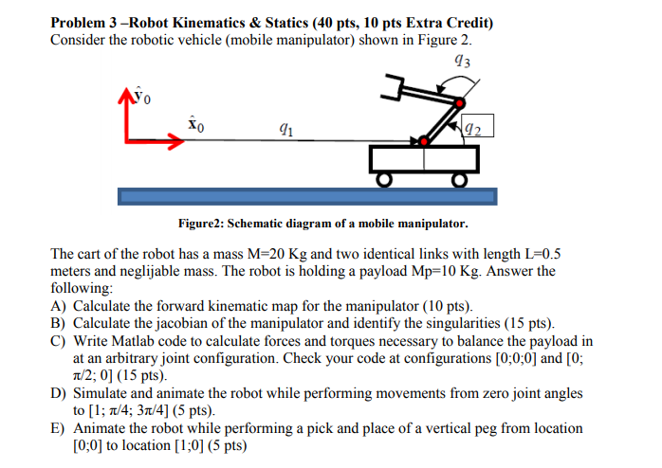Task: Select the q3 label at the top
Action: (462, 64)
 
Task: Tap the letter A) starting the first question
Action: (58, 305)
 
